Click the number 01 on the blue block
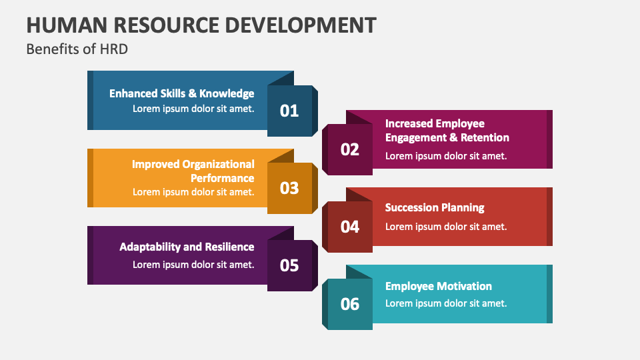[289, 111]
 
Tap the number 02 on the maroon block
[350, 149]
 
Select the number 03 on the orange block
[289, 188]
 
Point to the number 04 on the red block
[350, 227]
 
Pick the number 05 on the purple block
[289, 265]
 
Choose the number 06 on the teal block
[350, 304]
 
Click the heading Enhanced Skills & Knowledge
[182, 93]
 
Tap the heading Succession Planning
[435, 207]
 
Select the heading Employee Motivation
[439, 286]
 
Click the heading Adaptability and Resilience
[187, 247]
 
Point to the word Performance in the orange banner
[222, 178]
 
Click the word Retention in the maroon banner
[482, 137]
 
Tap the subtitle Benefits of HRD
[77, 49]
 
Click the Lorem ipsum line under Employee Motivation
[446, 303]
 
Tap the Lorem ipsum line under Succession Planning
[446, 226]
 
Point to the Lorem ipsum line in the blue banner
[193, 108]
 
